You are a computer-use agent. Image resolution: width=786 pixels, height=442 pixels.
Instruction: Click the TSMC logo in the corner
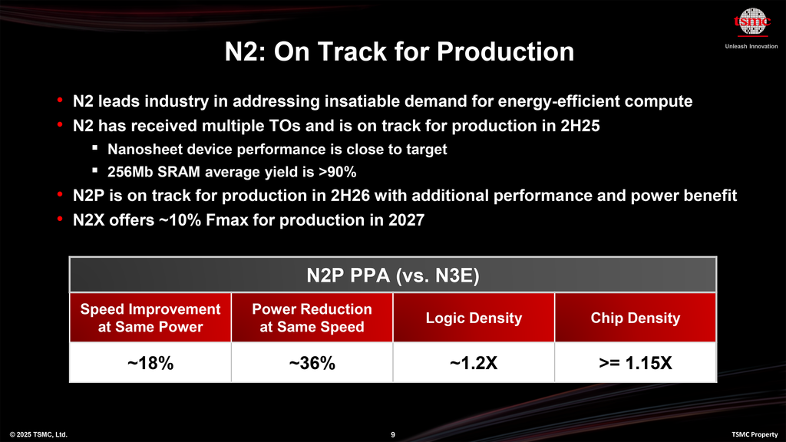tap(751, 24)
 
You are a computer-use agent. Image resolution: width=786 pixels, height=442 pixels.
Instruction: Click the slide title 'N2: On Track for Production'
tap(399, 51)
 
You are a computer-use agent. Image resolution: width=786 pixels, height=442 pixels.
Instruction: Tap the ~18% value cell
tap(150, 363)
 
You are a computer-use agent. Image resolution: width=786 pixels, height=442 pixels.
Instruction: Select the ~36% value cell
tap(312, 363)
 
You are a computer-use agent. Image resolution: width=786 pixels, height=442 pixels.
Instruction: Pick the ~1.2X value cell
tap(474, 363)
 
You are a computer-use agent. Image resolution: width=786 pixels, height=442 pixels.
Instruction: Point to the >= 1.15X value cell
tap(635, 363)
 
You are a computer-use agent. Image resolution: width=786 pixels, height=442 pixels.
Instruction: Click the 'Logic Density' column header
tap(474, 318)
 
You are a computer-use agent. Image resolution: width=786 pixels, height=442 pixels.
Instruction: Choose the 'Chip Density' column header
tap(635, 318)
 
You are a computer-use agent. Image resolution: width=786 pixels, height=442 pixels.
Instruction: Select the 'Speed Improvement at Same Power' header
tap(150, 318)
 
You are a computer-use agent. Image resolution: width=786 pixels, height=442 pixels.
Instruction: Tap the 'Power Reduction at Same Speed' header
tap(312, 318)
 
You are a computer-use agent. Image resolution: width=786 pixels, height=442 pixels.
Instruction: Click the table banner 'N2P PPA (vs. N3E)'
tap(392, 275)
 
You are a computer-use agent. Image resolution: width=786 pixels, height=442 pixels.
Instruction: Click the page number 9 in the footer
tap(393, 435)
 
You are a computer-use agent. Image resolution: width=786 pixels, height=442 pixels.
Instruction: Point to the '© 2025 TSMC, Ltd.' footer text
tap(38, 435)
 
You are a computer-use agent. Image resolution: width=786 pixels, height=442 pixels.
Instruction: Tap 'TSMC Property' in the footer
tap(755, 435)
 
